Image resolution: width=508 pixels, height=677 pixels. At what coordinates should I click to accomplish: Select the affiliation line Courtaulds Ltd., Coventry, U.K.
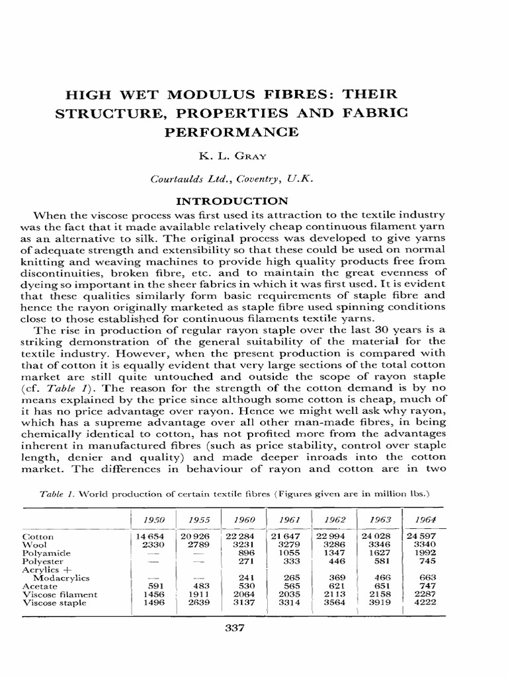coord(231,179)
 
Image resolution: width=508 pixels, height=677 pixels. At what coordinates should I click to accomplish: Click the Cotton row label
coord(38,537)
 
